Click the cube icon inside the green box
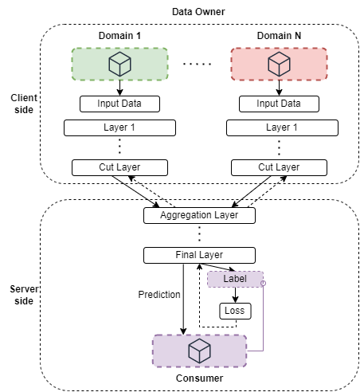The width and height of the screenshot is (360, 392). pyautogui.click(x=119, y=64)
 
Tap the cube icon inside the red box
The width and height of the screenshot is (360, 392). pyautogui.click(x=279, y=64)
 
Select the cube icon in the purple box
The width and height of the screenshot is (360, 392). pyautogui.click(x=199, y=351)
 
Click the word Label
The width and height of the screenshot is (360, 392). pyautogui.click(x=235, y=279)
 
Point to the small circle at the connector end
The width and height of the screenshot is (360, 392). pyautogui.click(x=263, y=283)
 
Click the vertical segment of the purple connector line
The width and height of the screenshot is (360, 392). pyautogui.click(x=263, y=319)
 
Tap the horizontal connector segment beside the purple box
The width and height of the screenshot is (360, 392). pyautogui.click(x=255, y=350)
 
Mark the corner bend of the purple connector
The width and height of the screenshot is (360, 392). pyautogui.click(x=263, y=350)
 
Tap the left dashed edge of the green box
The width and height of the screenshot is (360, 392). pyautogui.click(x=72, y=64)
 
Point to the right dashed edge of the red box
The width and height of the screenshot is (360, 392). pyautogui.click(x=327, y=64)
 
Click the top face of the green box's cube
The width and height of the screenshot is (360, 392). pyautogui.click(x=119, y=57)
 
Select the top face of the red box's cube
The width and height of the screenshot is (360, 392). pyautogui.click(x=279, y=57)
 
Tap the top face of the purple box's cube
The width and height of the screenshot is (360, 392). pyautogui.click(x=199, y=344)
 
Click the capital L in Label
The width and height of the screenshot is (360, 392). pyautogui.click(x=225, y=279)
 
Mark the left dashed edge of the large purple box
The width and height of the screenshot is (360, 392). pyautogui.click(x=152, y=351)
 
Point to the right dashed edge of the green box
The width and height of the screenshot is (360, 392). pyautogui.click(x=167, y=64)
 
